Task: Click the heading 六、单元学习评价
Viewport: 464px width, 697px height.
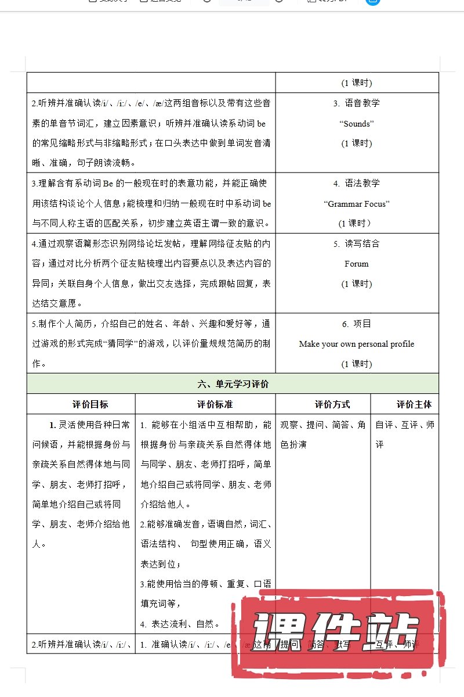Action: [x=233, y=384]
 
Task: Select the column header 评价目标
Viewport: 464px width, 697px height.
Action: [x=90, y=404]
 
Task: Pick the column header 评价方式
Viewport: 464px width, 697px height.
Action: [x=332, y=404]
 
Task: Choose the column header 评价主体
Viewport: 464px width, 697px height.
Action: [x=414, y=404]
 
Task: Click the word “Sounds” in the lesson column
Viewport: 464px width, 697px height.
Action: [x=356, y=123]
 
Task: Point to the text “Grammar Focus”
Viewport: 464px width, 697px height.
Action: [x=356, y=203]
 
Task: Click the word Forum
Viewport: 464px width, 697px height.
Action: [x=356, y=264]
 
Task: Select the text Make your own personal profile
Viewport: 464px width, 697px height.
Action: [x=356, y=344]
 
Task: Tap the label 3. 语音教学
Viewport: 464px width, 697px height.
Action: [x=356, y=103]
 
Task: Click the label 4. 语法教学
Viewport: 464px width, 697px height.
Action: [x=356, y=184]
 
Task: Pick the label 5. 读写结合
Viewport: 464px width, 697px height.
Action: [x=356, y=244]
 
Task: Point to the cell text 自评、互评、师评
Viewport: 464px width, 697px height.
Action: [x=404, y=434]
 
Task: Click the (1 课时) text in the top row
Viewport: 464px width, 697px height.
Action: [x=356, y=82]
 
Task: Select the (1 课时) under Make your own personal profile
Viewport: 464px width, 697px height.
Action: [x=356, y=364]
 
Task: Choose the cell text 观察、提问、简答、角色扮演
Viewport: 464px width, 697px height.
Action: [x=322, y=434]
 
